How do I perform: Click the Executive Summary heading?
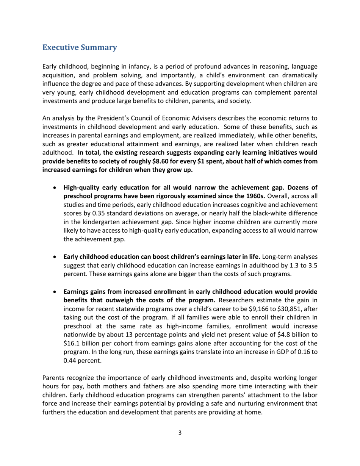[79, 48]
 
